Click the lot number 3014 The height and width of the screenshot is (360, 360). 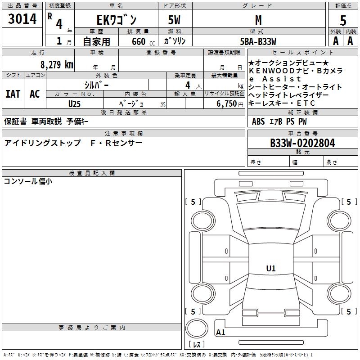22,20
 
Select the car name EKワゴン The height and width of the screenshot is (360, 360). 116,20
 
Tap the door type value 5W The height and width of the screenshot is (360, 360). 175,20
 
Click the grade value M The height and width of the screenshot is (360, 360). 258,20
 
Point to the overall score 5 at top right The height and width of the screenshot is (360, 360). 343,21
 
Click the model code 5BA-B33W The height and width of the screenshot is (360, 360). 258,41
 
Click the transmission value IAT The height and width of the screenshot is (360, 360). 13,94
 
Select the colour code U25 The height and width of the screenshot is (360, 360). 75,103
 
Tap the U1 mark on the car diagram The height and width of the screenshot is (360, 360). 271,269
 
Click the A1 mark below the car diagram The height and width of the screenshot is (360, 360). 221,333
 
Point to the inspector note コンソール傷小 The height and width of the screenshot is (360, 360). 28,181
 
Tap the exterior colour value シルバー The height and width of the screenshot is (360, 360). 96,85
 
